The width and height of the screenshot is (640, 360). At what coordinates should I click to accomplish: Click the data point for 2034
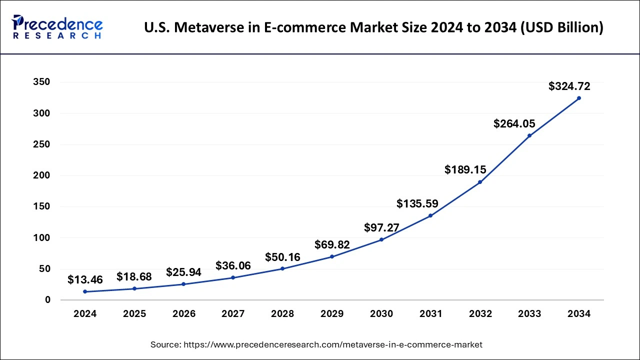(x=579, y=98)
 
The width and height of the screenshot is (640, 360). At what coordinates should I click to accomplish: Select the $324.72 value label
(x=569, y=86)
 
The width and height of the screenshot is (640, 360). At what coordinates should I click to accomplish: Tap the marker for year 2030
(x=381, y=239)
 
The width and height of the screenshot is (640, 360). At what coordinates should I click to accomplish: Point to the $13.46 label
(x=85, y=279)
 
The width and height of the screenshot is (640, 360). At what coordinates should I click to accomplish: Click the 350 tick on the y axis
(x=41, y=82)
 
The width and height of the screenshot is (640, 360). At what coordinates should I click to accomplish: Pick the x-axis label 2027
(x=233, y=314)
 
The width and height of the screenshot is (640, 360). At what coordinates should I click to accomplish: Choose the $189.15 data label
(x=465, y=170)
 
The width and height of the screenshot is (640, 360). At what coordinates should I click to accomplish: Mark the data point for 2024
(x=85, y=291)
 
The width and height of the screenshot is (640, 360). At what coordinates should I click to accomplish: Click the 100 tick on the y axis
(x=41, y=238)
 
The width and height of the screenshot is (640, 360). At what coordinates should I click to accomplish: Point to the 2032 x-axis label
(x=480, y=314)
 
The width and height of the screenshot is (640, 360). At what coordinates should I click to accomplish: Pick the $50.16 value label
(x=282, y=257)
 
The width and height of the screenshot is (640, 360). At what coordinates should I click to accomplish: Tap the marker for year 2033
(x=529, y=135)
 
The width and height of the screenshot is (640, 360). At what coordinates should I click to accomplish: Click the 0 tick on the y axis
(x=48, y=300)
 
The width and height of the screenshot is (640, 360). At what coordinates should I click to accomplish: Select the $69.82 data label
(x=332, y=245)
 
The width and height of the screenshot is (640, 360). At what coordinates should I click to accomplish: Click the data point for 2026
(x=183, y=284)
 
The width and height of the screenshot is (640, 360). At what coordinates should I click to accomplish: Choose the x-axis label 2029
(x=332, y=314)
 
